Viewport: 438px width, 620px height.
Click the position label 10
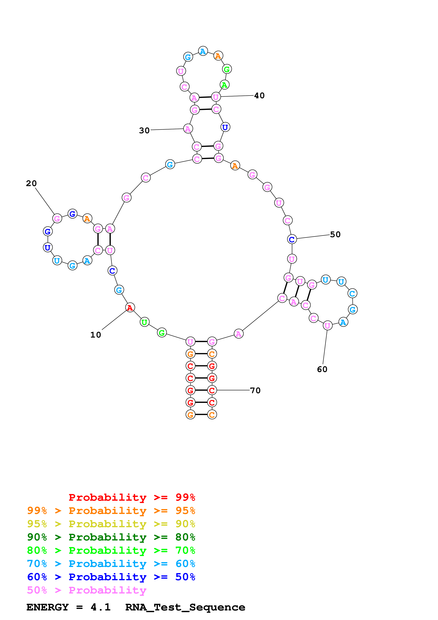point(96,335)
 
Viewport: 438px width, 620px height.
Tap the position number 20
point(31,183)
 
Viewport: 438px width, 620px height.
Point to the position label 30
point(144,130)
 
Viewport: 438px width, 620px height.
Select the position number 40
point(259,96)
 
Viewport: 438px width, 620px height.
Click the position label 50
point(335,234)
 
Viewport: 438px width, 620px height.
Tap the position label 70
point(255,390)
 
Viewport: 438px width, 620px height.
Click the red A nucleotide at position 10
point(130,308)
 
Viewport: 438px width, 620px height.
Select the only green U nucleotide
point(145,322)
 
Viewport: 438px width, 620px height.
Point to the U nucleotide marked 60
point(328,326)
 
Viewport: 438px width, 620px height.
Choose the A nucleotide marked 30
point(188,129)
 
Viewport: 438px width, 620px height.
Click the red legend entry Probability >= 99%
point(132,497)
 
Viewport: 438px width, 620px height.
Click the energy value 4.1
point(101,607)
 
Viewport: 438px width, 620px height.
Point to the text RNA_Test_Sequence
point(185,607)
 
